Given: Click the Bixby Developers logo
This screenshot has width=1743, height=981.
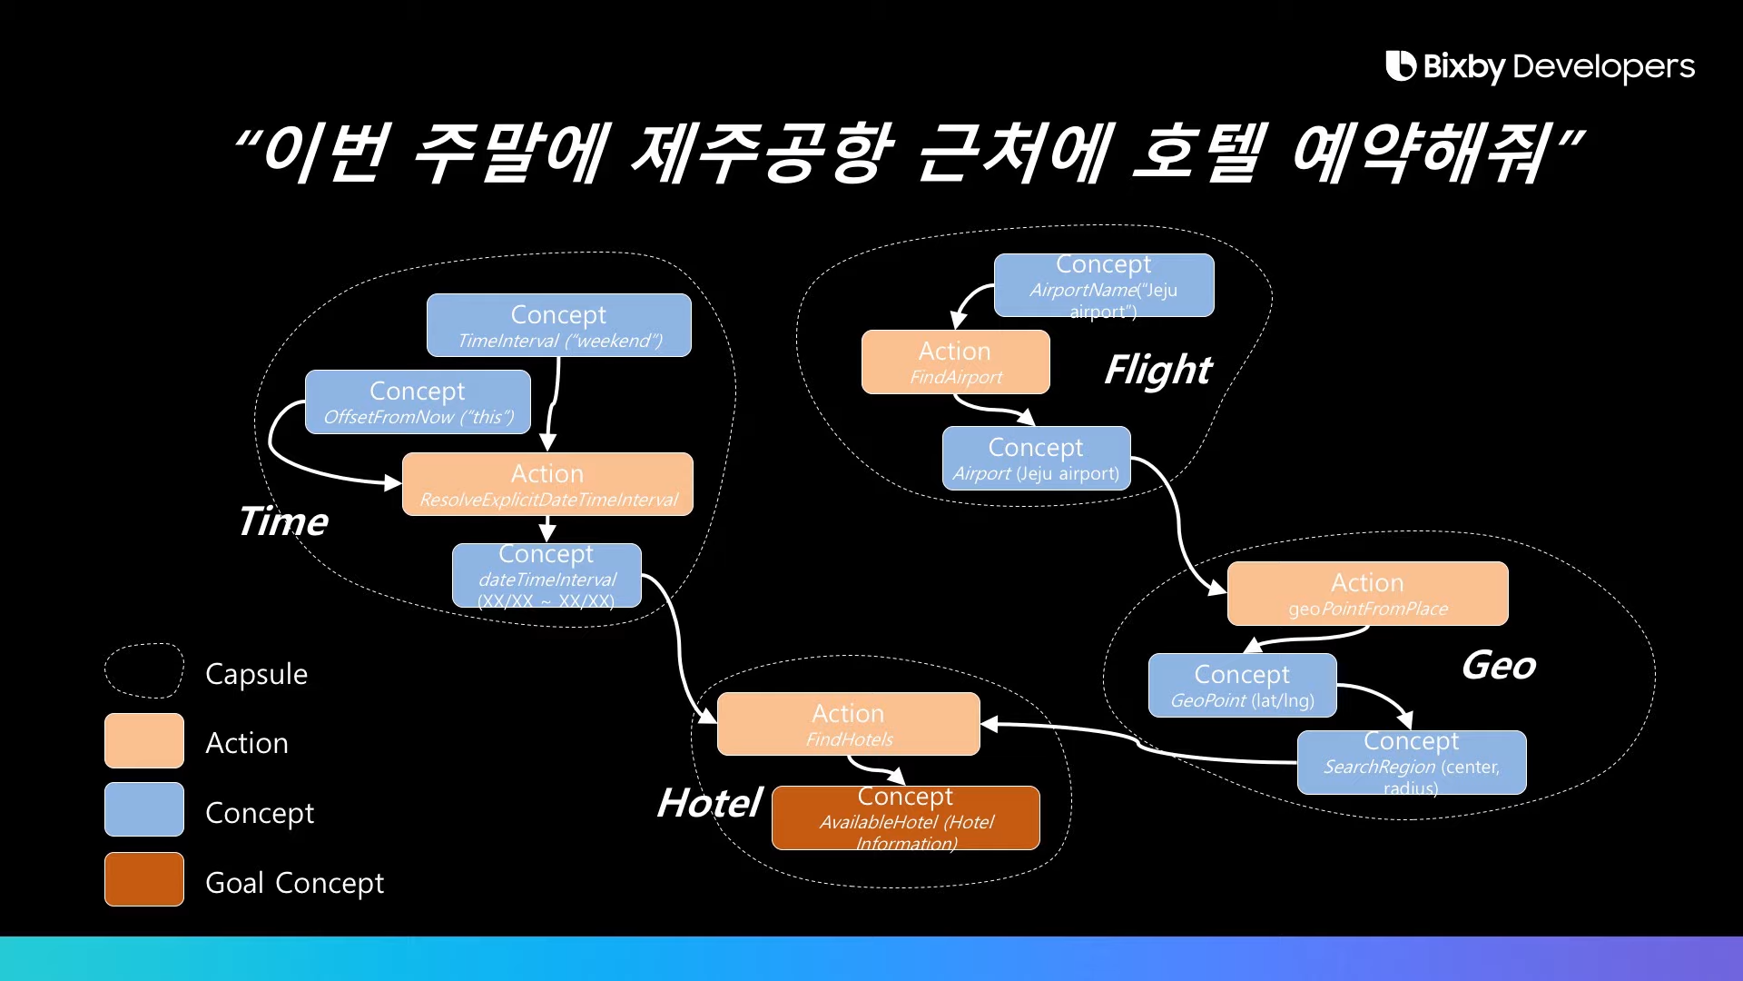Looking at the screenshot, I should (1540, 66).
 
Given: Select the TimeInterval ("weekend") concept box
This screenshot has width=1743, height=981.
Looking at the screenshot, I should (558, 325).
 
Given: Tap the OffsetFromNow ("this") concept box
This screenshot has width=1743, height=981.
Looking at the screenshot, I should (418, 401).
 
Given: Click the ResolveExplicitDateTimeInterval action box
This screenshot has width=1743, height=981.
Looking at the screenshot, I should (547, 484).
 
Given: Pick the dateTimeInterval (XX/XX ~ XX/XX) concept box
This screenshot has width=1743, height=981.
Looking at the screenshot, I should (547, 576).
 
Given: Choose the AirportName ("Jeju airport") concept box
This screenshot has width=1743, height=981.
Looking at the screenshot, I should (1104, 285).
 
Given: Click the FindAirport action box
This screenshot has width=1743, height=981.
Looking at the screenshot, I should (955, 362).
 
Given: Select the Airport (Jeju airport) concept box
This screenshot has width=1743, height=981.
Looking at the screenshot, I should (1036, 459).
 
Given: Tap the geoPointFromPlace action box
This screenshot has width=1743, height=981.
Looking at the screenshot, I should (1367, 593).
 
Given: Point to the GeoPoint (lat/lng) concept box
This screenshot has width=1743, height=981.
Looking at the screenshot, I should (1242, 686).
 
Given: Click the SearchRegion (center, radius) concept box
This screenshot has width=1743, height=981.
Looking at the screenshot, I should (1411, 763).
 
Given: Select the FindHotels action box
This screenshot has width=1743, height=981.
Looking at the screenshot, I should (848, 724).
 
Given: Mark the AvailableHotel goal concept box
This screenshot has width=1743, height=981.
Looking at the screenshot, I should (905, 818).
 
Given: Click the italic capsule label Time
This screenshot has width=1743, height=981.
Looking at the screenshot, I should (282, 521).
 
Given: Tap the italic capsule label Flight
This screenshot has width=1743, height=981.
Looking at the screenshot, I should (1157, 370).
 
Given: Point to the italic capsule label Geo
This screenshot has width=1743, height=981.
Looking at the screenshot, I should (1498, 666).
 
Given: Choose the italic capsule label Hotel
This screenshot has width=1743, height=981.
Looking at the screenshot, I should (709, 803).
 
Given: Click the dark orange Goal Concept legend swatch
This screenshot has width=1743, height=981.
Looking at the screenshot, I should (144, 879).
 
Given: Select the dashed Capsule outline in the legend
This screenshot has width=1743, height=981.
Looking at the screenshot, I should (144, 671).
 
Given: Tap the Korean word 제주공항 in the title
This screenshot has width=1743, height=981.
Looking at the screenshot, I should (763, 152).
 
